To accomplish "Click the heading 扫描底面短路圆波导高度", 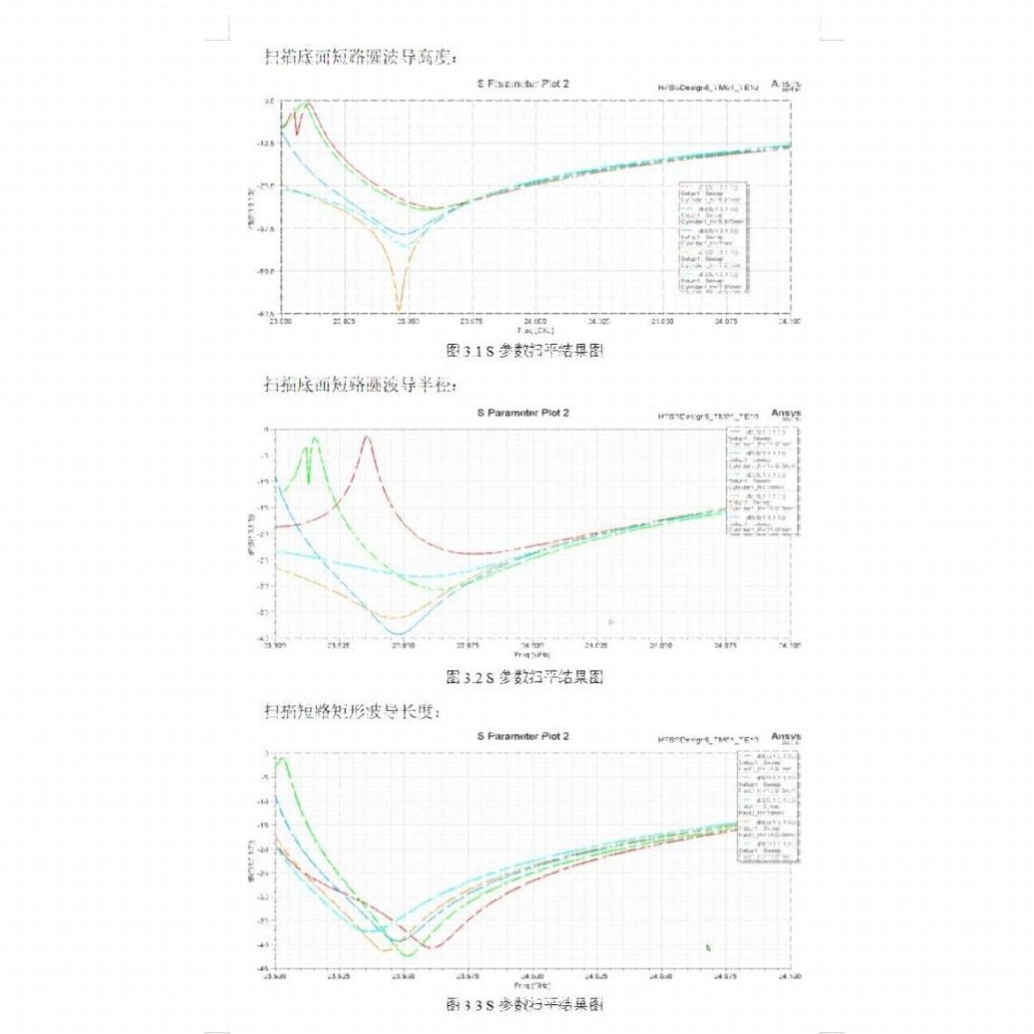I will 359,57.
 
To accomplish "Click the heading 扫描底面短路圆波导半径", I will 359,384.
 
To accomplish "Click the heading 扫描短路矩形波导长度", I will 351,710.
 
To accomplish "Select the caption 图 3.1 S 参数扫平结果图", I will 525,350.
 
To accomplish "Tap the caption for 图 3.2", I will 525,677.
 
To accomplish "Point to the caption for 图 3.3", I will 525,1004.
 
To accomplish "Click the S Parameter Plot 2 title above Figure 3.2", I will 524,413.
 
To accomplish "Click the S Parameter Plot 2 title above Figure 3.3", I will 524,736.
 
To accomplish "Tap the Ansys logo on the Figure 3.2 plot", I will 786,414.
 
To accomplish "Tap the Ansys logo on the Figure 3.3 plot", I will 786,736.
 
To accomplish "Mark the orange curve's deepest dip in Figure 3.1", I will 399,310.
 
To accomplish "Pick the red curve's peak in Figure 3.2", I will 367,438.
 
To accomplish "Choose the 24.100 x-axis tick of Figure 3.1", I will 790,321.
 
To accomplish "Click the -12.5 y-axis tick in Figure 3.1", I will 265,143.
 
